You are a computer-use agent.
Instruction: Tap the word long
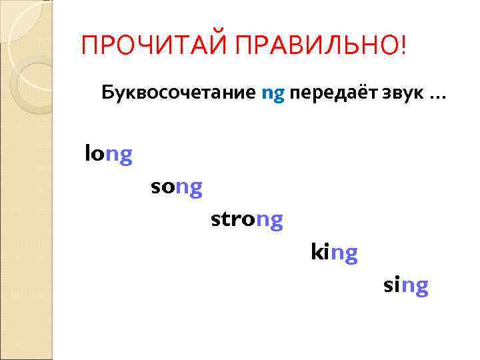(x=109, y=155)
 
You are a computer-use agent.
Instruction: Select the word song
(x=176, y=188)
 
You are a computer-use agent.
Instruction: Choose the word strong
(x=247, y=219)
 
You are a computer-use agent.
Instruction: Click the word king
(x=334, y=253)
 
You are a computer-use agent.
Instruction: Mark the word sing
(x=405, y=286)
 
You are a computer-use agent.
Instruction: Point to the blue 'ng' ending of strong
(x=269, y=221)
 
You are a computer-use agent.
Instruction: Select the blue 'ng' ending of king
(x=344, y=254)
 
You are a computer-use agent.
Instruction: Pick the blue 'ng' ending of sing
(x=415, y=287)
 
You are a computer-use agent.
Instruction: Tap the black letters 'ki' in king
(x=320, y=252)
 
